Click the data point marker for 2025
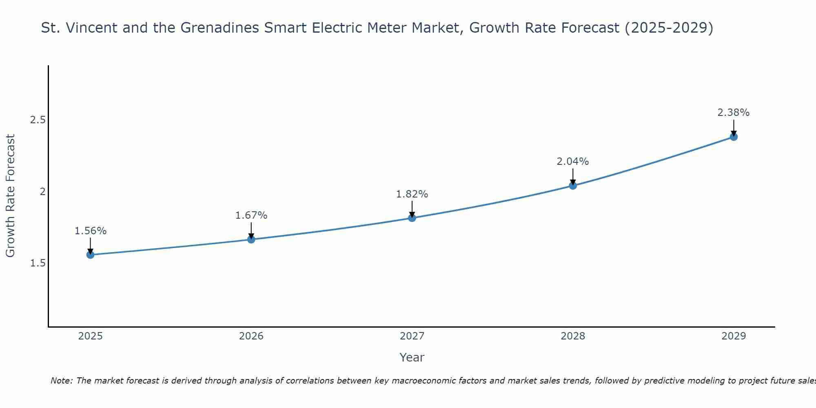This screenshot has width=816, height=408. tap(90, 255)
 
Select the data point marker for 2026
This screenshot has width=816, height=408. tap(251, 239)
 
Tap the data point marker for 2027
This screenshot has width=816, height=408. tap(412, 218)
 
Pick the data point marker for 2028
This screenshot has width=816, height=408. tap(573, 186)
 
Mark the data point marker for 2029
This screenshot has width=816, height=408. tap(734, 137)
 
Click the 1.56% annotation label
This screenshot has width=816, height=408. tap(90, 231)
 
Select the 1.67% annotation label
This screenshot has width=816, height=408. tap(251, 215)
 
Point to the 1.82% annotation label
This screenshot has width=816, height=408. tap(412, 194)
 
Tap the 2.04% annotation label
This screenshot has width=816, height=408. tap(573, 162)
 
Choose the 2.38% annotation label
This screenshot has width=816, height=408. tap(734, 113)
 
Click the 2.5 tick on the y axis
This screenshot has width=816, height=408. tap(38, 120)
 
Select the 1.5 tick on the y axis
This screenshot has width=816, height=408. tap(38, 263)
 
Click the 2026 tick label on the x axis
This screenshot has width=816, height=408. tap(251, 336)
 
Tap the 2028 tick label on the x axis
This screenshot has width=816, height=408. tap(573, 336)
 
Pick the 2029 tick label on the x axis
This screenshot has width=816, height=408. tap(734, 336)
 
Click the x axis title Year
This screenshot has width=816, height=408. tap(412, 357)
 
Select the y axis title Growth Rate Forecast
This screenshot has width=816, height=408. tap(11, 196)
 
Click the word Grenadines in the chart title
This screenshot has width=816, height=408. tap(219, 28)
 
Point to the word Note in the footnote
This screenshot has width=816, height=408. tap(61, 381)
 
